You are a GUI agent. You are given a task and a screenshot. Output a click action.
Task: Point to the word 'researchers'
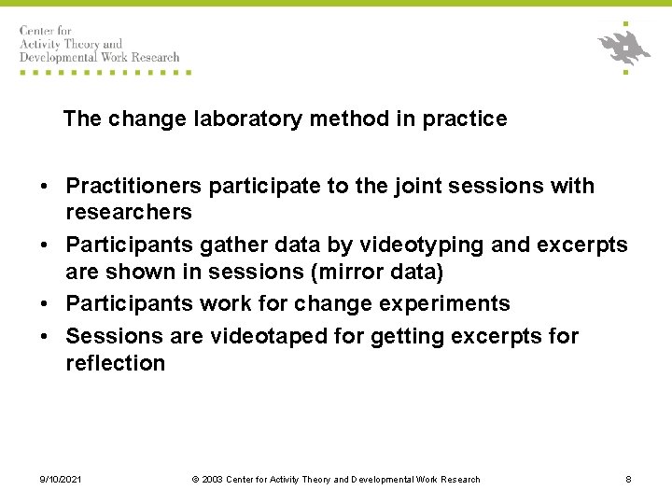[128, 213]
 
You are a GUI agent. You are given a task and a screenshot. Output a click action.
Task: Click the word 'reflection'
[115, 363]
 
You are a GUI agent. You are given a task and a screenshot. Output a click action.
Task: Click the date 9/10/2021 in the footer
[61, 480]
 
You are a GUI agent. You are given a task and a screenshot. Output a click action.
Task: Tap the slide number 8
[628, 480]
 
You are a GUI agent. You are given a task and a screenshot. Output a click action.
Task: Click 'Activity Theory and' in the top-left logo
[72, 44]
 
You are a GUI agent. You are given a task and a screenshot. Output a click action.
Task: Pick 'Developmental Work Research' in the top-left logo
[99, 57]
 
